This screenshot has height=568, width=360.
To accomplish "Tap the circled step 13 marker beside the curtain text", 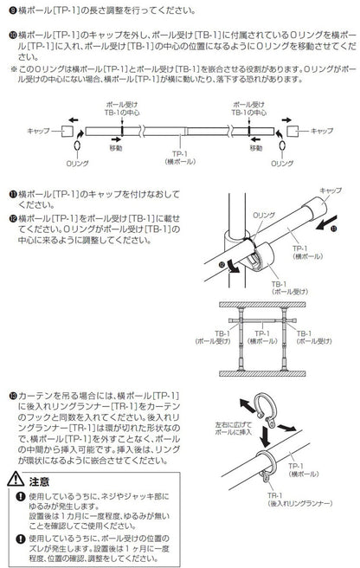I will coord(5,393).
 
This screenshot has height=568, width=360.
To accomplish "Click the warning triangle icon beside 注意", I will coord(12,480).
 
